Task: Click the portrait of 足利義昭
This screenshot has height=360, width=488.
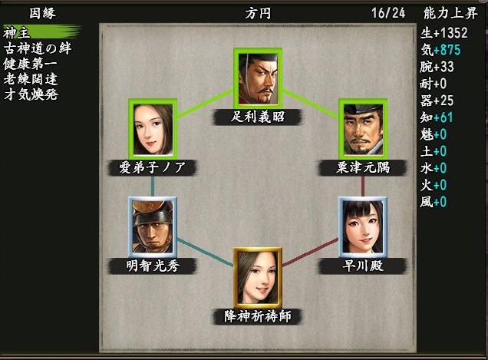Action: click(x=258, y=78)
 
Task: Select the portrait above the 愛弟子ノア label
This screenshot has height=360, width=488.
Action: click(x=153, y=129)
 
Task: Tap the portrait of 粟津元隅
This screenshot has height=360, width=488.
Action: click(x=363, y=129)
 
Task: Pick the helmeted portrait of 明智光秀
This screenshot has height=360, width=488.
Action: click(x=153, y=227)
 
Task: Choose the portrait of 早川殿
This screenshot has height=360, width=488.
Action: click(x=363, y=227)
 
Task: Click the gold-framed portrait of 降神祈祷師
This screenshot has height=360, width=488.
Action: click(x=258, y=278)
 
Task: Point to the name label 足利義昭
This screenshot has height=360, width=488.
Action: click(x=258, y=117)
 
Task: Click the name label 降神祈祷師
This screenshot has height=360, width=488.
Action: click(x=258, y=316)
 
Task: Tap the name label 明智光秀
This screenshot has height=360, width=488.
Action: click(x=153, y=266)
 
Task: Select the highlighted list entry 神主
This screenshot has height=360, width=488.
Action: click(x=17, y=32)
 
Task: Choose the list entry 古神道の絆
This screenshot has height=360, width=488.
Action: click(x=38, y=48)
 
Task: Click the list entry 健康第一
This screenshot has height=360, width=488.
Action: click(x=31, y=64)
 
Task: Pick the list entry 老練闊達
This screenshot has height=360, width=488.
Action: click(x=31, y=79)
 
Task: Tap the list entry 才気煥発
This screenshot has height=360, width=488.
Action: click(x=31, y=94)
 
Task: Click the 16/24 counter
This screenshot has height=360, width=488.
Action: click(x=388, y=13)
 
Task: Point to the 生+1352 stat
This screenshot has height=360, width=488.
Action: click(x=443, y=33)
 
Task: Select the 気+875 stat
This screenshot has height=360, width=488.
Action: click(x=440, y=50)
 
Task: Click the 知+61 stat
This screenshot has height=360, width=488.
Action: click(x=437, y=117)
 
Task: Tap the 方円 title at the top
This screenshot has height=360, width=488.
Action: click(x=258, y=13)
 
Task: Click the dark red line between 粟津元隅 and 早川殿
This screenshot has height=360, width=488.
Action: click(x=363, y=187)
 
